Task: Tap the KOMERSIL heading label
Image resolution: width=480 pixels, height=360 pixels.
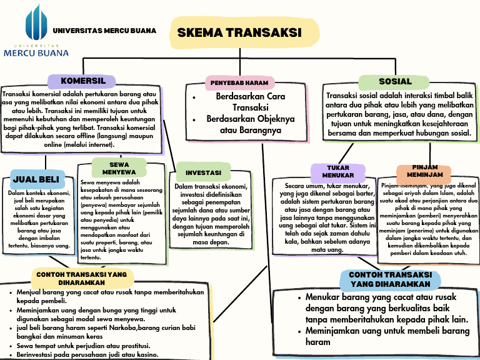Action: pos(82,81)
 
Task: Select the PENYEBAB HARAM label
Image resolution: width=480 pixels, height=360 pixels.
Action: pos(239,82)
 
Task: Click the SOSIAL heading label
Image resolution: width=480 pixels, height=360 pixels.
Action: pos(395,81)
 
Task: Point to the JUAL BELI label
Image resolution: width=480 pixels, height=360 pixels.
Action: pos(36,179)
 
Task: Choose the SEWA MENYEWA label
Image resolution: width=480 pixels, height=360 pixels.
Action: pos(119,167)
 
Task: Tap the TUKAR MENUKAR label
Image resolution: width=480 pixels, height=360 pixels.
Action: pos(338,171)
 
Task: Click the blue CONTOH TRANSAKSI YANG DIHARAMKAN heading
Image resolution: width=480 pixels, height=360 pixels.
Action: pos(390,279)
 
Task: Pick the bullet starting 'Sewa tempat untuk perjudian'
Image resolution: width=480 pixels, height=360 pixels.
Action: pos(83,346)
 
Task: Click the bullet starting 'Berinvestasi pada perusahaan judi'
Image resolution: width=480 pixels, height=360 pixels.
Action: pos(87,354)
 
